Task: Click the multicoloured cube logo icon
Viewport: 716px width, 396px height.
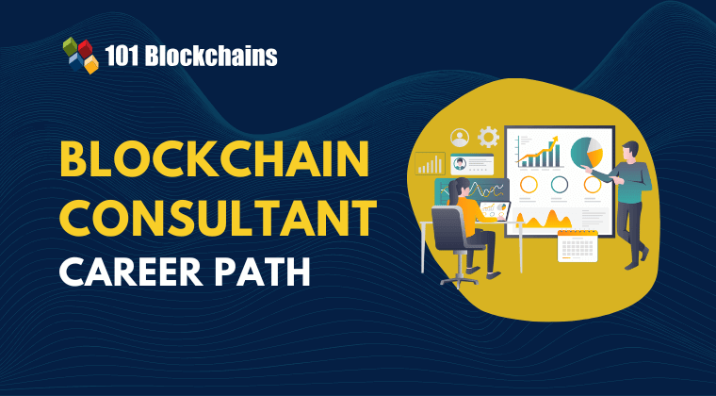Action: click(x=81, y=56)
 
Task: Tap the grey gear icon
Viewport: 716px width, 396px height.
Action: click(x=488, y=137)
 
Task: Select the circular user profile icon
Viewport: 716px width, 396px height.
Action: click(x=460, y=138)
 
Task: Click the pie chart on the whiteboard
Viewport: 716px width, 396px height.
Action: click(x=587, y=152)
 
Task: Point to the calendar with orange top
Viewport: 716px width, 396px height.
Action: click(x=578, y=246)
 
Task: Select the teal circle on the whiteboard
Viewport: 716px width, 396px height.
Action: click(x=560, y=184)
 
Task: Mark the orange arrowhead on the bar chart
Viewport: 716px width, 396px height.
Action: click(x=554, y=140)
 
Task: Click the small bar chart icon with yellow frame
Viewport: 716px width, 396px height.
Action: click(x=430, y=163)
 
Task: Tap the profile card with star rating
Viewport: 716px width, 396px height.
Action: click(x=472, y=164)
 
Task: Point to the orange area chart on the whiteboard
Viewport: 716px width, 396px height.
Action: click(x=543, y=220)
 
